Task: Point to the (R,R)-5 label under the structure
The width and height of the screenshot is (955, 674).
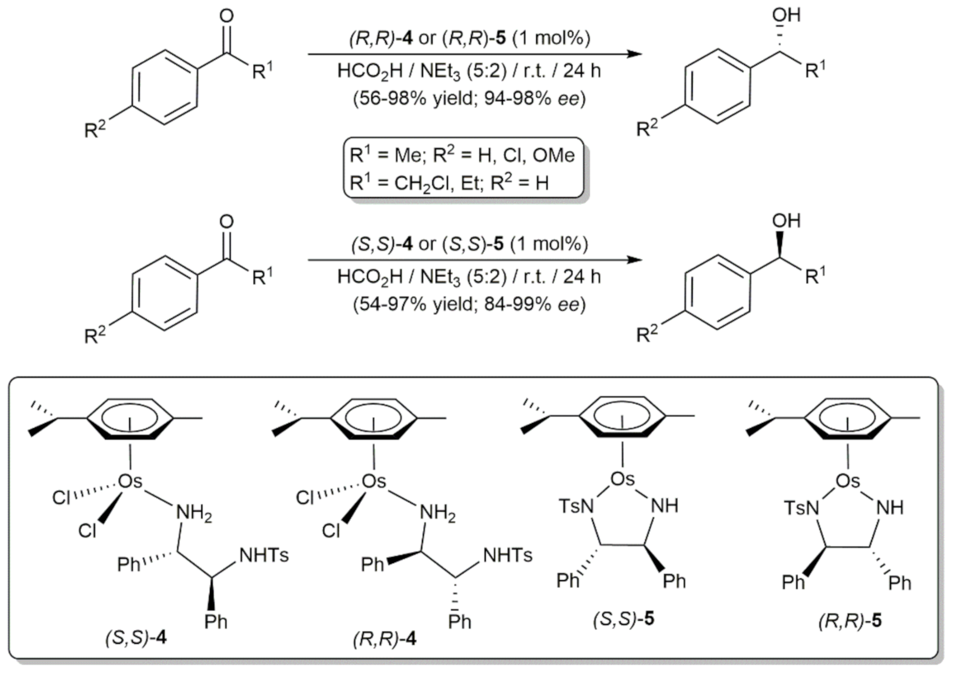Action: coord(850,621)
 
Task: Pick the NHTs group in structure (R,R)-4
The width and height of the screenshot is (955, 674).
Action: coord(508,555)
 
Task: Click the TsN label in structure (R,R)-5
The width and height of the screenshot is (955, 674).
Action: coord(802,508)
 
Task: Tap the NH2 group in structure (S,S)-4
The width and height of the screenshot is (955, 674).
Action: coord(194,512)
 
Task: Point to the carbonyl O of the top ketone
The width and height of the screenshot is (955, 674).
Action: coord(226,16)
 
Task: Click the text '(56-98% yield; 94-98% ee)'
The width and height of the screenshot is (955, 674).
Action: coord(469,98)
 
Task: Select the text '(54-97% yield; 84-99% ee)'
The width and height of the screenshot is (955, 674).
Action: coord(469,304)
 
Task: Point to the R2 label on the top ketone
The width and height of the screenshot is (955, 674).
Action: coord(95,129)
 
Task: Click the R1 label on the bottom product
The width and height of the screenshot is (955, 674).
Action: coord(815,275)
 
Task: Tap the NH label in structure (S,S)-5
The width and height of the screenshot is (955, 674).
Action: coord(664,506)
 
